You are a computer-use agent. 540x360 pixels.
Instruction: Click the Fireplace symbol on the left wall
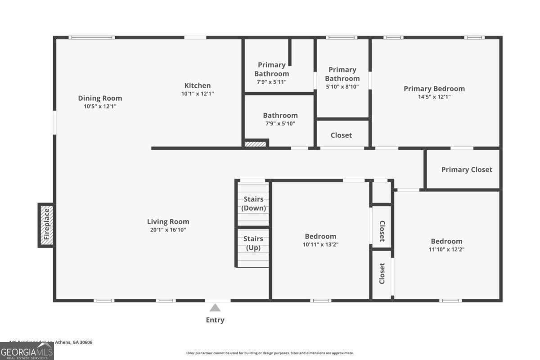(46, 225)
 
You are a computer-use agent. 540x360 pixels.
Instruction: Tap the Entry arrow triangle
(215, 308)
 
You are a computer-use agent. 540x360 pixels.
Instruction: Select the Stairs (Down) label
(253, 204)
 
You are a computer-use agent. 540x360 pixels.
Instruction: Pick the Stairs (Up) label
(253, 243)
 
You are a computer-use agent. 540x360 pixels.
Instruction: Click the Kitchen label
(197, 85)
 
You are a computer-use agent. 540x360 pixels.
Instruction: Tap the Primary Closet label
(467, 170)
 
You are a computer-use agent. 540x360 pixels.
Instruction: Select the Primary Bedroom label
(434, 89)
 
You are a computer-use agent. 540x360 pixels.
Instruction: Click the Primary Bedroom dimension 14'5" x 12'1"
(434, 96)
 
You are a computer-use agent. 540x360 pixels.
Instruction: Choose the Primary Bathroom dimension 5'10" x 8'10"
(342, 86)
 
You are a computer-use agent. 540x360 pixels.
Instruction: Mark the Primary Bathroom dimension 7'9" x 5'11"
(271, 81)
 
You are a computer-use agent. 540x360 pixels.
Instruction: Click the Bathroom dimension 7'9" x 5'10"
(280, 123)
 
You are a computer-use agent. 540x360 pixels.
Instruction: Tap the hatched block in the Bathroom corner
(256, 144)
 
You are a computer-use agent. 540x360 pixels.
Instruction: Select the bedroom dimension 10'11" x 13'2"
(320, 244)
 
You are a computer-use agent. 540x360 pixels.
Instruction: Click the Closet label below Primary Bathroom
(341, 135)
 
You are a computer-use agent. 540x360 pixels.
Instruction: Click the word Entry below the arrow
(215, 320)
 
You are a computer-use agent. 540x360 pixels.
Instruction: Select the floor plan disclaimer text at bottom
(270, 353)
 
